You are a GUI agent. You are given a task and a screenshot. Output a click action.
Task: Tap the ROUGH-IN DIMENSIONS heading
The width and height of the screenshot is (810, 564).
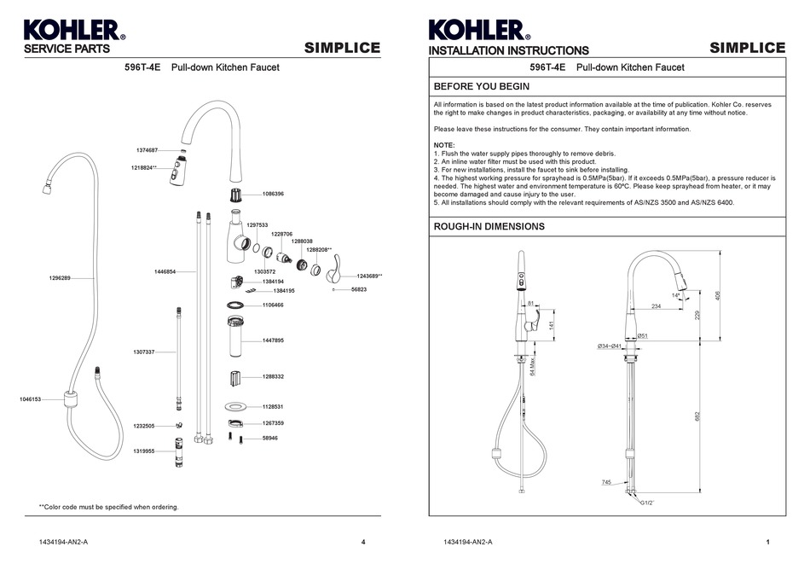pyautogui.click(x=489, y=227)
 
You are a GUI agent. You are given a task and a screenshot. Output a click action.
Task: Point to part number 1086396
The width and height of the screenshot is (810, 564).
pyautogui.click(x=273, y=194)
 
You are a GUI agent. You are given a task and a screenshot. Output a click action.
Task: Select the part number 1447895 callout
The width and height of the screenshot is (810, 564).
pyautogui.click(x=273, y=340)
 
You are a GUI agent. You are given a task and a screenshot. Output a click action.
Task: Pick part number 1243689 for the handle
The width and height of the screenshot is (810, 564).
pyautogui.click(x=369, y=276)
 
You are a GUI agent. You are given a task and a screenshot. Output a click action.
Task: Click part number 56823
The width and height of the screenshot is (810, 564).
pyautogui.click(x=359, y=290)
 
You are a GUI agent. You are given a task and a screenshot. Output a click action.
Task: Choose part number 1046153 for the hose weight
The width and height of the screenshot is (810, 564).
pyautogui.click(x=30, y=398)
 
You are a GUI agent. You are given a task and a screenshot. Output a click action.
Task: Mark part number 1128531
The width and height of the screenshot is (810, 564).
pyautogui.click(x=273, y=407)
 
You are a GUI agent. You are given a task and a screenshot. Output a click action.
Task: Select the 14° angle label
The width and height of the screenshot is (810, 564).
pyautogui.click(x=675, y=295)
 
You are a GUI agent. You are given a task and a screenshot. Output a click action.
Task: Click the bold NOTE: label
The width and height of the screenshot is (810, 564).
pyautogui.click(x=444, y=145)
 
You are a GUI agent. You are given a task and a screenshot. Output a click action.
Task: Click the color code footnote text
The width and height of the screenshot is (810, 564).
pyautogui.click(x=108, y=507)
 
